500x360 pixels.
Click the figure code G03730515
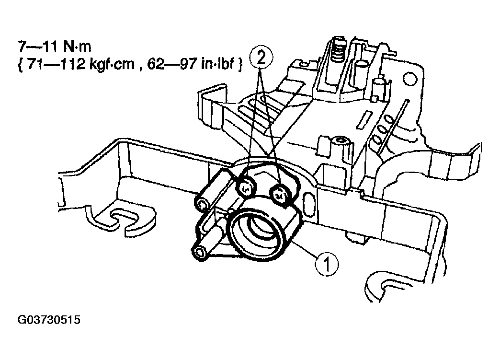pyautogui.click(x=48, y=319)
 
